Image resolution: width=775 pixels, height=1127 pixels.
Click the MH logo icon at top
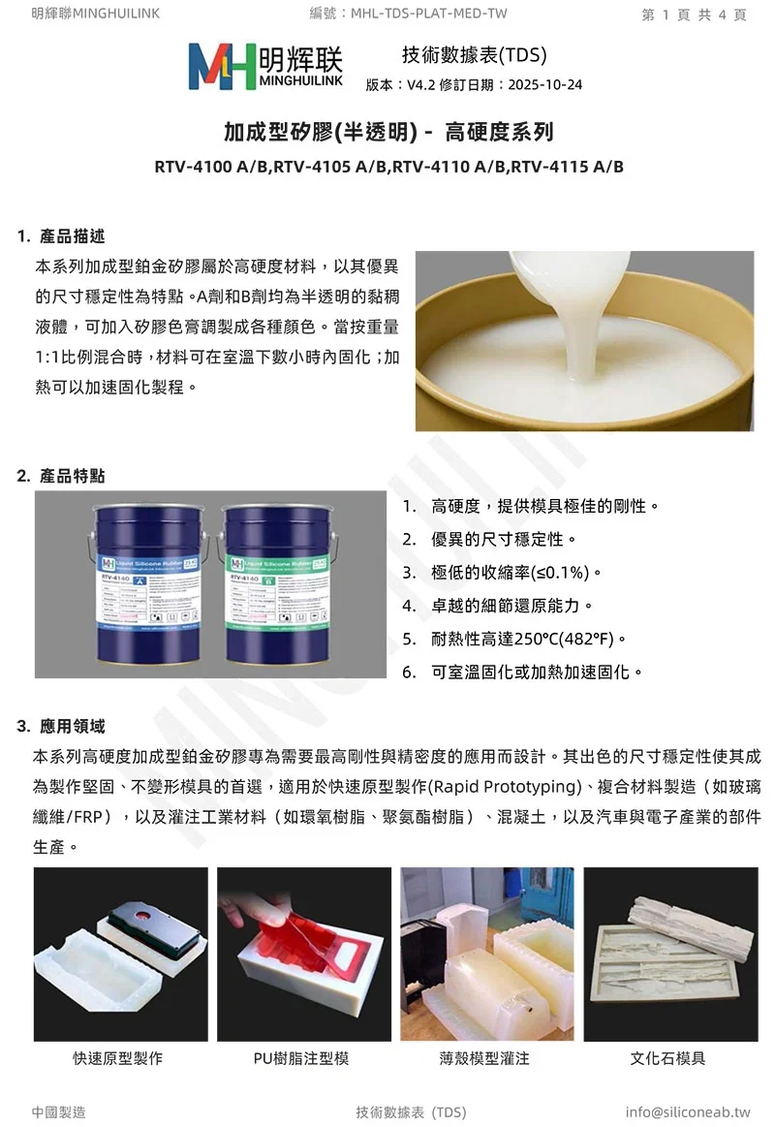(222, 67)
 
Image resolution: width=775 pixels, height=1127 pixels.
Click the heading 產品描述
(73, 236)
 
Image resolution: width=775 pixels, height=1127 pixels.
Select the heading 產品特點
(73, 476)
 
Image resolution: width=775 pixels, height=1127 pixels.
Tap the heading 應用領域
(73, 726)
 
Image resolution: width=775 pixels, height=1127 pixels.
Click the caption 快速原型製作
(118, 1058)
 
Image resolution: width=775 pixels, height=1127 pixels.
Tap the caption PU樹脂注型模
(301, 1058)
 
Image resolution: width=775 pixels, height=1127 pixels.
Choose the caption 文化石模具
(667, 1058)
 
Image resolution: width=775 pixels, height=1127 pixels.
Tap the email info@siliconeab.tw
(688, 1111)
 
